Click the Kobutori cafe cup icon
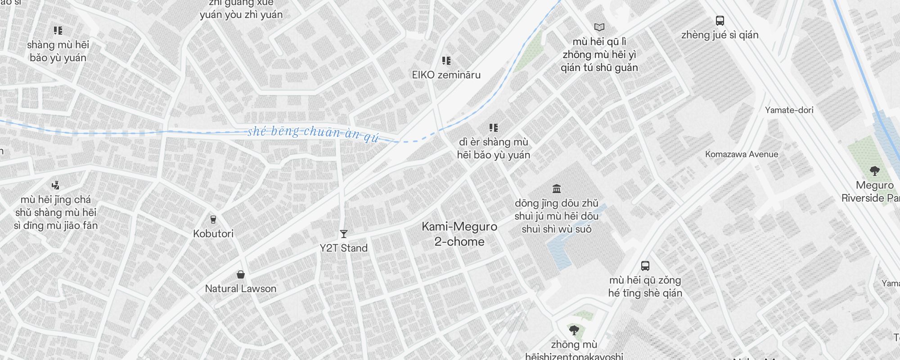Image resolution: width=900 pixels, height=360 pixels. (x=213, y=220)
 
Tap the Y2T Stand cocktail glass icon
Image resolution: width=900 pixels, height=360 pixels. (x=344, y=234)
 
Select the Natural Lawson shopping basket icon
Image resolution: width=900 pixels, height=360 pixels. (x=241, y=274)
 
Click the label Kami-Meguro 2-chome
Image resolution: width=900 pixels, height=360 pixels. (x=459, y=234)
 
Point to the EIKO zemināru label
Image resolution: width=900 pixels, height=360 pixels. (x=446, y=75)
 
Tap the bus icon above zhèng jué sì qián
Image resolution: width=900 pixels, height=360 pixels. (x=720, y=21)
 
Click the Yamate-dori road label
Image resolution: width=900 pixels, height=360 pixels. (x=789, y=110)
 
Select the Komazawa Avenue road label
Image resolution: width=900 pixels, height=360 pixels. (x=741, y=154)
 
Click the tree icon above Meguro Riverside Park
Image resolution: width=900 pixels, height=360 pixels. (x=875, y=171)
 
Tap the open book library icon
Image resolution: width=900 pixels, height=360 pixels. (x=599, y=27)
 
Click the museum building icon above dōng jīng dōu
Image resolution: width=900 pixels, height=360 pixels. (x=557, y=189)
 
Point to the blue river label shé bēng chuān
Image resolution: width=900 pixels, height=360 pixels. (x=313, y=133)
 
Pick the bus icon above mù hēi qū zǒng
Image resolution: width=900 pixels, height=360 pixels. (x=645, y=266)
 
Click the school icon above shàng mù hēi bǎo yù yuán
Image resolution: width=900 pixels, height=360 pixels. (x=58, y=31)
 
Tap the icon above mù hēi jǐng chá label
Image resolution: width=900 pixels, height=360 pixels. (x=56, y=185)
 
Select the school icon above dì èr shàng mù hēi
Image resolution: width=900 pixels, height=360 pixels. (x=494, y=128)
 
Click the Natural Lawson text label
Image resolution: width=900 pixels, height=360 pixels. (x=241, y=288)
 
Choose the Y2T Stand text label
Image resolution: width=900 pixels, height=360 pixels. (x=344, y=248)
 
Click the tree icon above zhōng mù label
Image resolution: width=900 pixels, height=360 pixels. (x=574, y=331)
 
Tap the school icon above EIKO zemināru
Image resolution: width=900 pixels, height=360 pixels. (x=446, y=61)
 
